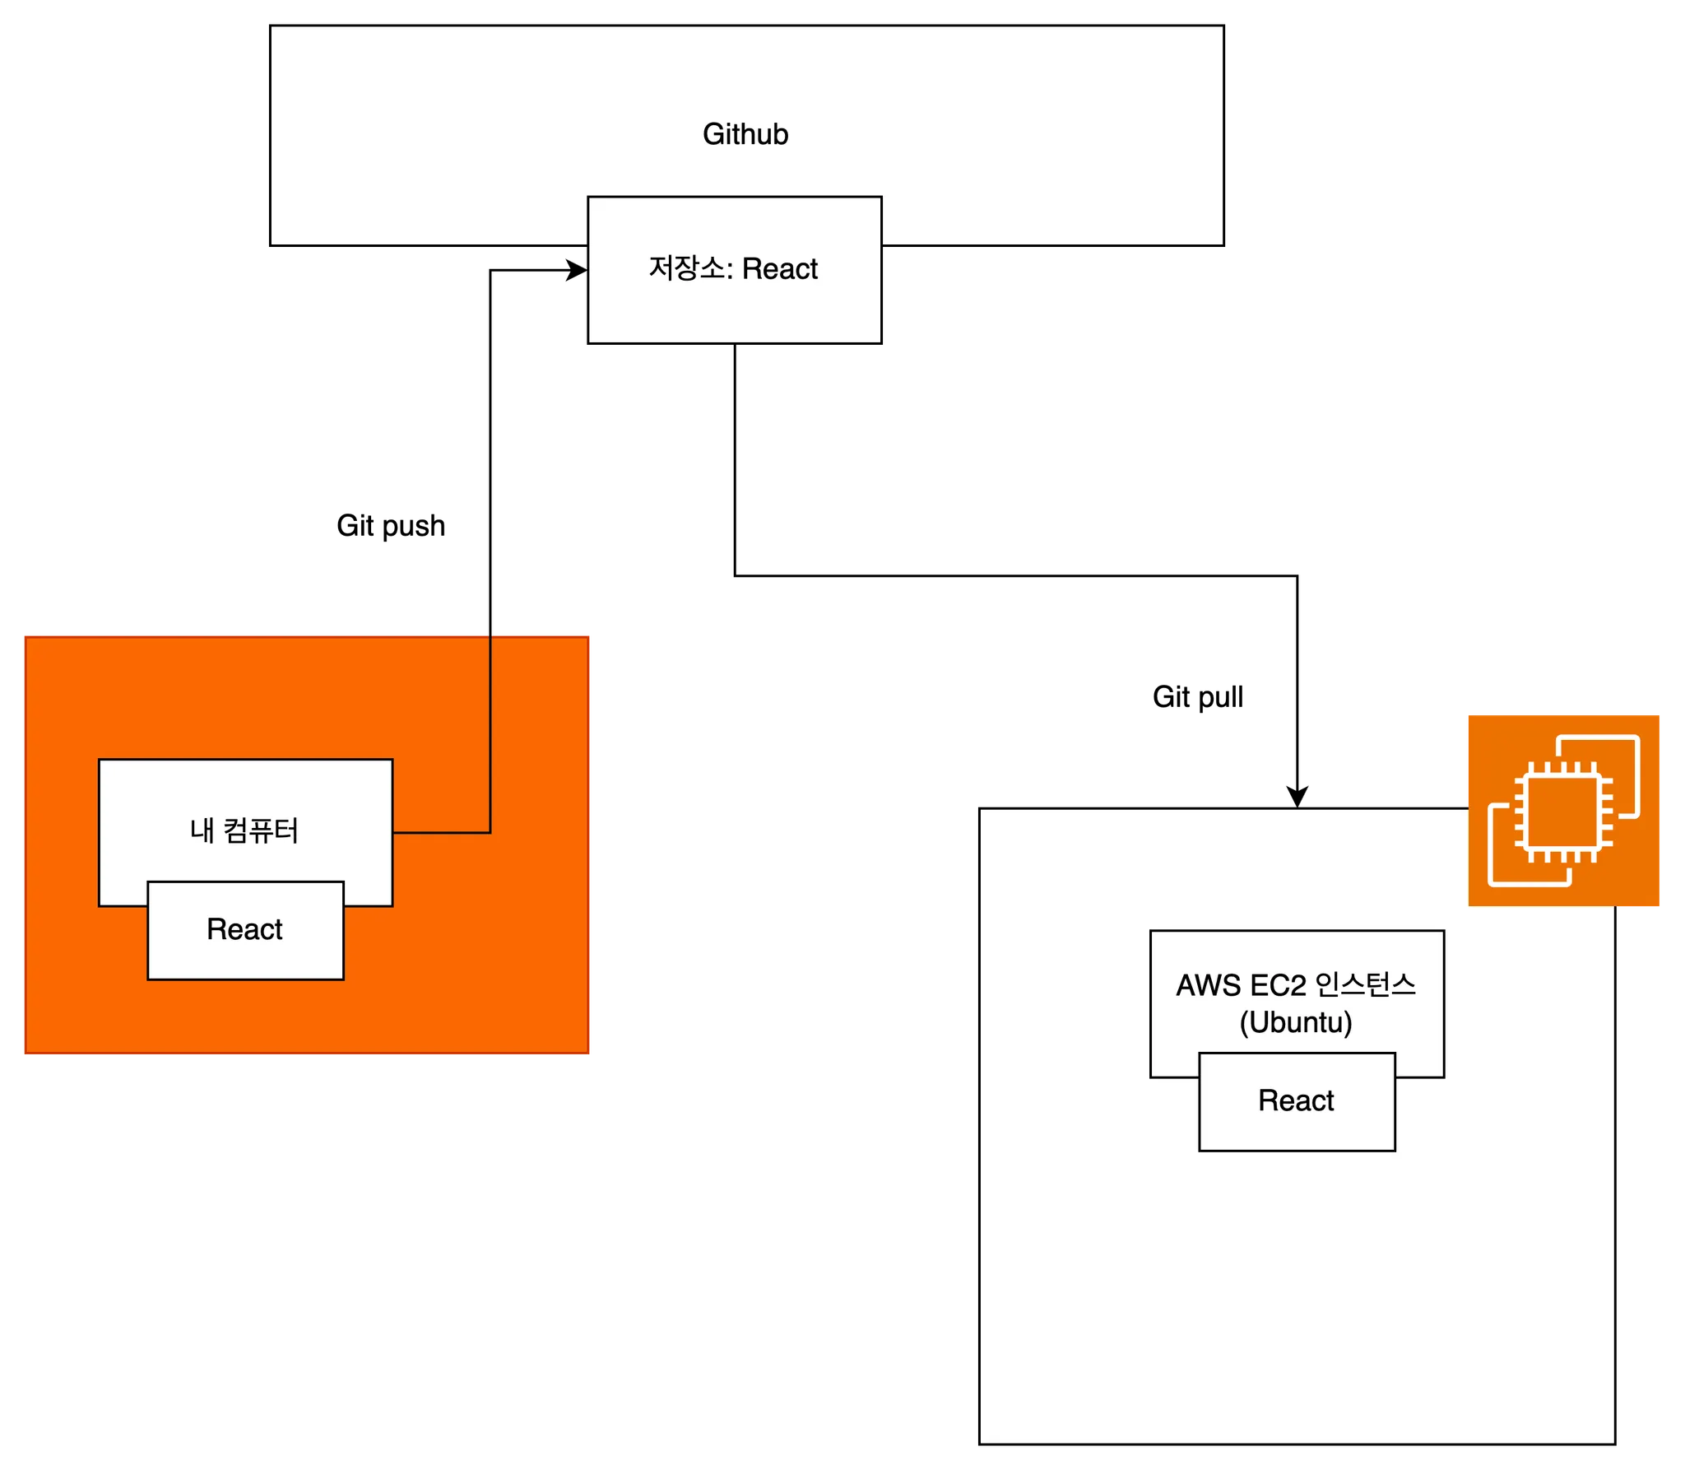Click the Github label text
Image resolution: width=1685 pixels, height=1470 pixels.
(745, 134)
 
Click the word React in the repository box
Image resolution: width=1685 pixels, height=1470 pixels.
(780, 269)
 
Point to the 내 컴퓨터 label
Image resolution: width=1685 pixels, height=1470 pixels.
(244, 830)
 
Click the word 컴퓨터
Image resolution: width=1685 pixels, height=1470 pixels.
(261, 830)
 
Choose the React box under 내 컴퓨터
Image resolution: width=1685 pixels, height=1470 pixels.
(245, 930)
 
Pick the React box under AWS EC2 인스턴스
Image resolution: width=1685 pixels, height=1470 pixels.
(1297, 1101)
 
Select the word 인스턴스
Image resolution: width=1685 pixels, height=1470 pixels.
(1366, 985)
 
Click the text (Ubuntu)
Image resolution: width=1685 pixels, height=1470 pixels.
(1296, 1022)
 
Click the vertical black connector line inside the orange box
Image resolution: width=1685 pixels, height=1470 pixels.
(490, 733)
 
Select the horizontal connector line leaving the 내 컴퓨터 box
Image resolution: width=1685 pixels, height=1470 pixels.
(442, 833)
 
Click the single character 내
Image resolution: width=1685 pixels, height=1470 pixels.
(202, 830)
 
